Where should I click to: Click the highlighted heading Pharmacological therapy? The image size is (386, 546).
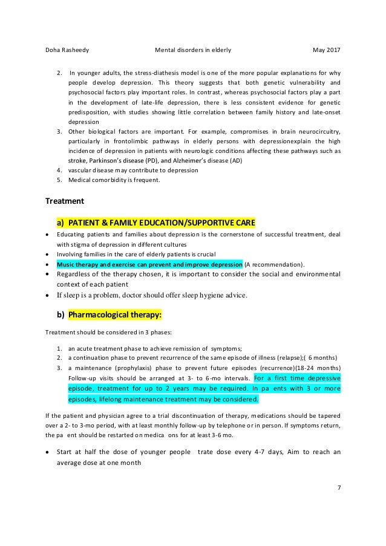(114, 315)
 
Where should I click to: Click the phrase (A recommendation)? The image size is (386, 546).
(275, 264)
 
